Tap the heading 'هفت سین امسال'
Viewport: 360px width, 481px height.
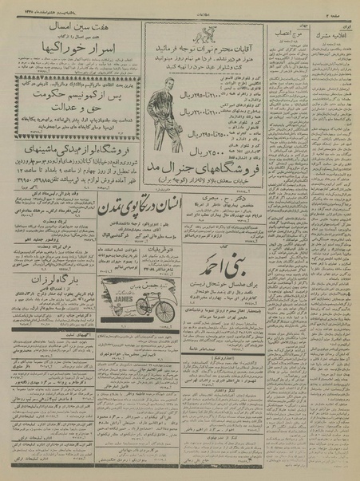coord(70,26)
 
